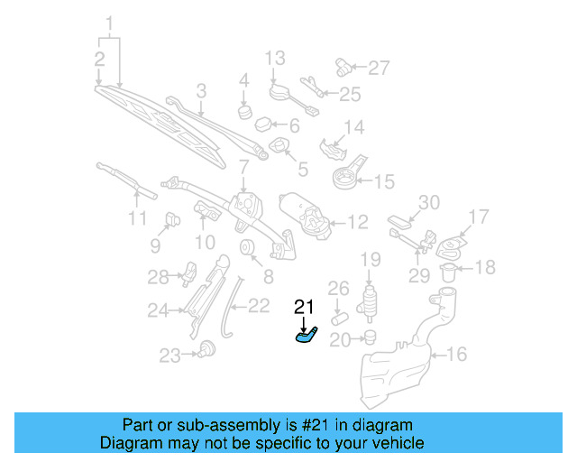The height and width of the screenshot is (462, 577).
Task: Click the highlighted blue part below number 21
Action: point(306,337)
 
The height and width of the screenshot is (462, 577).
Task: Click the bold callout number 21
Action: point(305,308)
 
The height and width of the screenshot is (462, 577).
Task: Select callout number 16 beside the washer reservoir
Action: point(457,355)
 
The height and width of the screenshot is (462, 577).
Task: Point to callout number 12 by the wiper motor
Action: point(358,220)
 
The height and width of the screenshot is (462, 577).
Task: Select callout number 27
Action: point(379,67)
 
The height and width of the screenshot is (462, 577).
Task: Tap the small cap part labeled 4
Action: point(243,112)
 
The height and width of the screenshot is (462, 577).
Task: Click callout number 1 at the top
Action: point(110,22)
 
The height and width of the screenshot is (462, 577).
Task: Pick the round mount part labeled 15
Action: point(343,179)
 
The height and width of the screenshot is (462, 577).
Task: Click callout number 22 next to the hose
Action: point(258,306)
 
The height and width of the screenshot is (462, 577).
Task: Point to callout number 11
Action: point(135,218)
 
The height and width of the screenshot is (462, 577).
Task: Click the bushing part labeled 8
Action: point(246,250)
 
